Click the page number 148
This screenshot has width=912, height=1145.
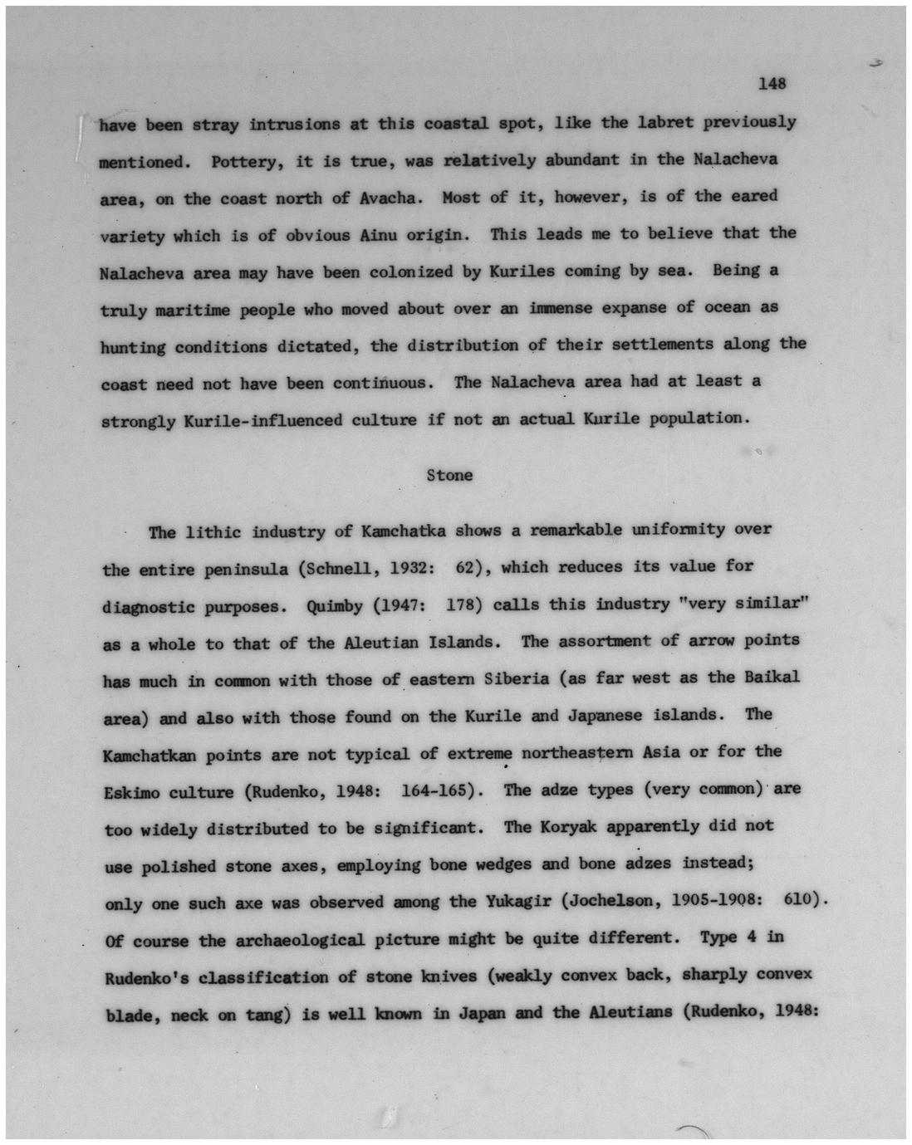[x=772, y=84]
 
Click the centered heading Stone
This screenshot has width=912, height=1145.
[x=449, y=476]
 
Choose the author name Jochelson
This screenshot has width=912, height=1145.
[x=610, y=901]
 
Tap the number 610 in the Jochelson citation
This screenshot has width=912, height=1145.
[x=801, y=900]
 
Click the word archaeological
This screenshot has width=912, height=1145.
[x=301, y=941]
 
